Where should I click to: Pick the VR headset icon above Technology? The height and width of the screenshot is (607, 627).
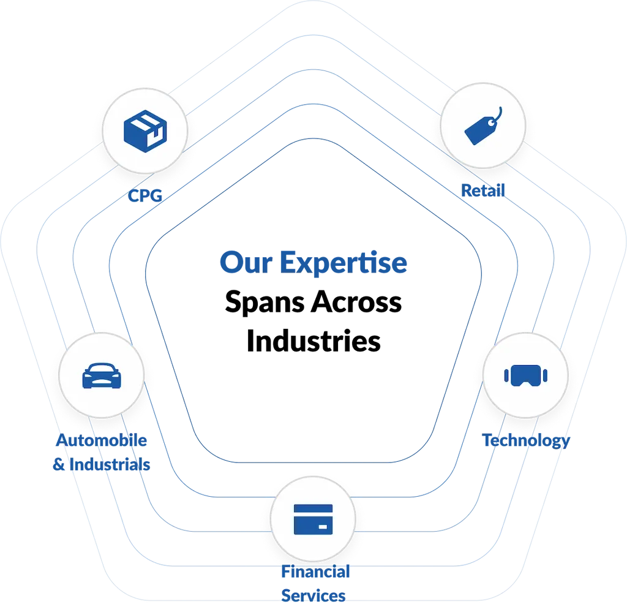coord(525,374)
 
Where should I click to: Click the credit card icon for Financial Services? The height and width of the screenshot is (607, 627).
coord(313,519)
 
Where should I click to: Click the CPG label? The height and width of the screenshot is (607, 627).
coord(145,196)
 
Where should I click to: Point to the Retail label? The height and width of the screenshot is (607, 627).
coord(483,190)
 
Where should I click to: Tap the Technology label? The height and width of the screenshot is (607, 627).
coord(526,440)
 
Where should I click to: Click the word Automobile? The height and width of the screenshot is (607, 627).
coord(102,440)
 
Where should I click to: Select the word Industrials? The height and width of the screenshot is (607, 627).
coord(110,464)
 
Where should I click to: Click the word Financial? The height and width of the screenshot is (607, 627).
coord(315,572)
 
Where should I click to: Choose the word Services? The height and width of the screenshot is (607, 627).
coord(313,595)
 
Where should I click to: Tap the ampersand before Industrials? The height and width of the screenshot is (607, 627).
coord(59,464)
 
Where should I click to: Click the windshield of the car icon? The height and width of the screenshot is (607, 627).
coord(102,370)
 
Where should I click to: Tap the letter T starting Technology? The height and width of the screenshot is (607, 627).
coord(487,440)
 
